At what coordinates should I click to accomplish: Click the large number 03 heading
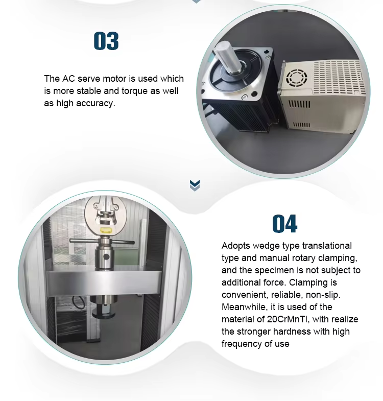106,41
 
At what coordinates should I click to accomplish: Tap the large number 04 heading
284,224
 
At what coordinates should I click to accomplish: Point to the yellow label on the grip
106,231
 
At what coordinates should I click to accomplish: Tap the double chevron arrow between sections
195,185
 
